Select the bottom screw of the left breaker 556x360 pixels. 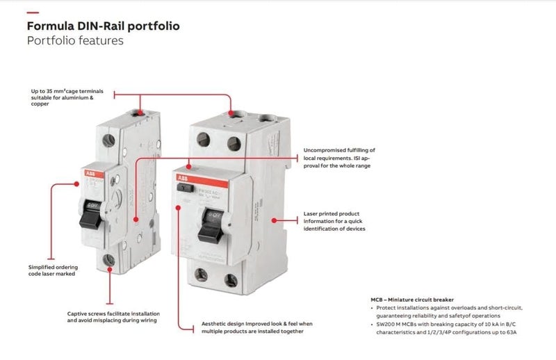coord(109,259)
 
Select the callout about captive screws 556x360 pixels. coord(112,316)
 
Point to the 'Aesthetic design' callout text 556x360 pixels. coord(256,327)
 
